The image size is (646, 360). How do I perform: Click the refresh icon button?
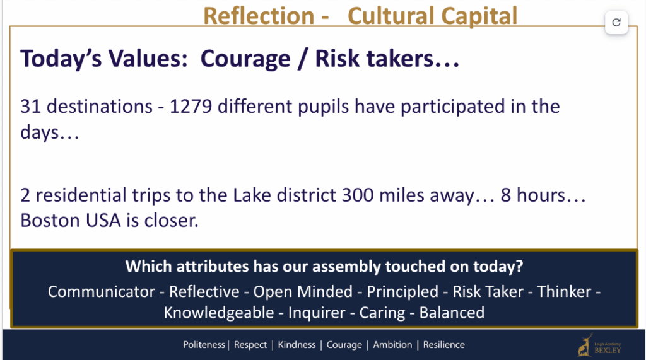[616, 22]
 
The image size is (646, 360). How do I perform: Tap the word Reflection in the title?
[259, 16]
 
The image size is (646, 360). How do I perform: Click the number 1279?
[191, 107]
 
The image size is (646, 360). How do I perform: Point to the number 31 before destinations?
[31, 107]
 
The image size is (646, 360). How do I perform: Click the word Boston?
[50, 221]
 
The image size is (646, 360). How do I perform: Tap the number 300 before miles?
[358, 195]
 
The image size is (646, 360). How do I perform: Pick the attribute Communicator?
[102, 292]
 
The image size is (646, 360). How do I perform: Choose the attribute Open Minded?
[303, 292]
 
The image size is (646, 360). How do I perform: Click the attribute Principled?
[402, 292]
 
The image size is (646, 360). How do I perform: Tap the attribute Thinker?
[565, 292]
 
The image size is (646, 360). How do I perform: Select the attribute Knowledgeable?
[219, 313]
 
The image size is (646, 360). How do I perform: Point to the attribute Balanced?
[452, 313]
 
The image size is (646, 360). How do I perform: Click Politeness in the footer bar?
[204, 345]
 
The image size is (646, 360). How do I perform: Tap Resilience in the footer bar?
[443, 345]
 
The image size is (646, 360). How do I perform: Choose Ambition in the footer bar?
[392, 345]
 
